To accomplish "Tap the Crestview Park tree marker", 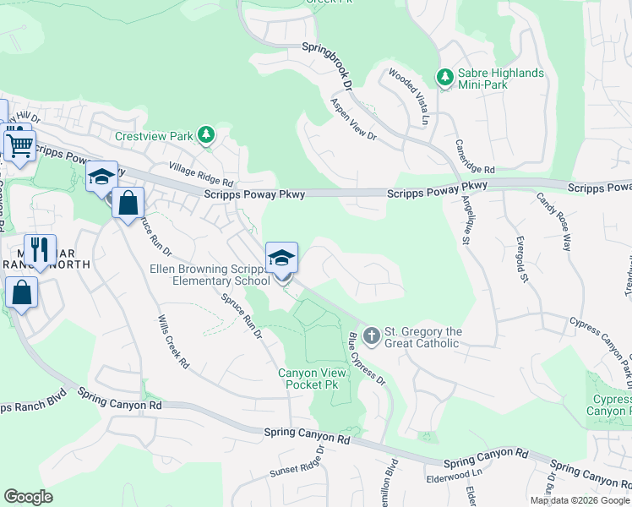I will [x=205, y=134].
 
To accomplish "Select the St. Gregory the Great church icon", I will [x=370, y=336].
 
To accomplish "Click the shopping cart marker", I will [x=19, y=144].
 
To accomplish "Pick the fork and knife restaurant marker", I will [x=40, y=249].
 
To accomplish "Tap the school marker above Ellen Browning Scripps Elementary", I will [x=282, y=257].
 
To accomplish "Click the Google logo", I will [x=28, y=497].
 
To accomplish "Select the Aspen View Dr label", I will [x=353, y=119].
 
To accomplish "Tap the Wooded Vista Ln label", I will [x=410, y=93].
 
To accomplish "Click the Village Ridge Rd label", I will [x=200, y=175].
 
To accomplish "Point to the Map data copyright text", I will [x=579, y=500].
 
